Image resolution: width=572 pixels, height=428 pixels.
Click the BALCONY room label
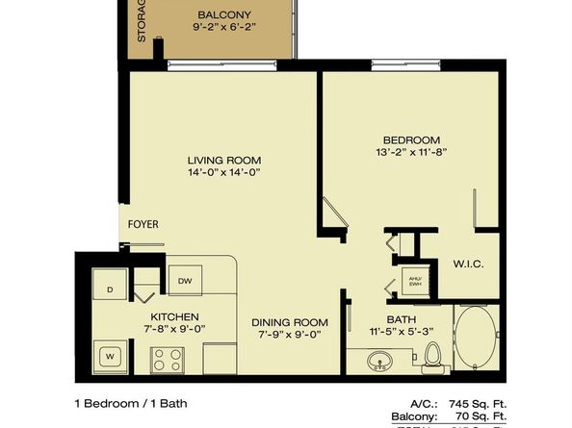224,14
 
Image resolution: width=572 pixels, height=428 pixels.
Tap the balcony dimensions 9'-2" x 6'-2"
224,29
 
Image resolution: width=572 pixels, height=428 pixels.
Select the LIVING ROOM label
224,160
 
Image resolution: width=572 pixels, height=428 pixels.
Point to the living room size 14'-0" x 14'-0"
224,173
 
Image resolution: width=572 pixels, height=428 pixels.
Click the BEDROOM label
411,139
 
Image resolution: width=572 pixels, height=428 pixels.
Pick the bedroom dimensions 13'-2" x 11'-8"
411,153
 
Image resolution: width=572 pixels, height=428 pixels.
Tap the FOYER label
143,224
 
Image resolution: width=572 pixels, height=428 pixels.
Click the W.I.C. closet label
467,264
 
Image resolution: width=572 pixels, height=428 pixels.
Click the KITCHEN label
174,316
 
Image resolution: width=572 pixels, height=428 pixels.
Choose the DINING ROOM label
289,322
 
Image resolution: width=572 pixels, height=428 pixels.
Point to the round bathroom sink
379,363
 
